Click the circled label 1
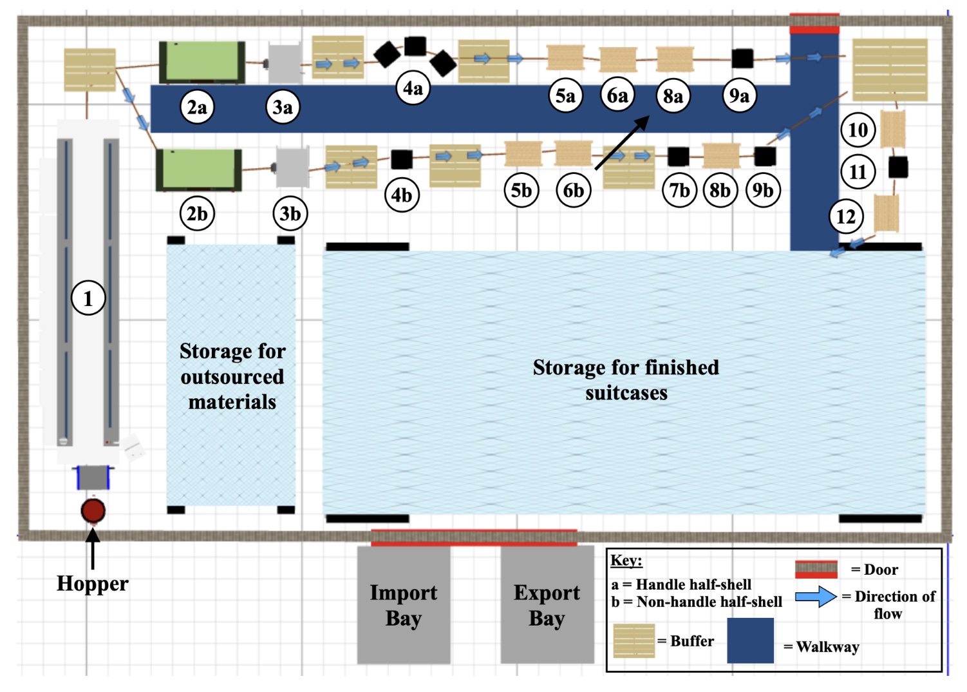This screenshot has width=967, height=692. tap(88, 298)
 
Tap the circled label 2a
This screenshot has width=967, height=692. tap(197, 107)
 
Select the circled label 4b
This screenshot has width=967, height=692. tap(402, 195)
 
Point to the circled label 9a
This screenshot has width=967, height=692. tap(738, 96)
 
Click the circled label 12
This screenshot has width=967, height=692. tap(846, 216)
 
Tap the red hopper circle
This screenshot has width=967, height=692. tap(93, 510)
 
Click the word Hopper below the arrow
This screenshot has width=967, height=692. tap(93, 583)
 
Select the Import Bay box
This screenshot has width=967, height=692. tap(404, 604)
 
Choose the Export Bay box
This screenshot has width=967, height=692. tap(547, 604)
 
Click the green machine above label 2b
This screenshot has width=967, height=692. tap(199, 169)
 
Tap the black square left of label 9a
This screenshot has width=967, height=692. tap(742, 58)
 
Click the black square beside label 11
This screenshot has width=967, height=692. tap(898, 168)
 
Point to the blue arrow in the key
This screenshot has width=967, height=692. tap(816, 597)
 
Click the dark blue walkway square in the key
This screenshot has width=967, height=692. tap(750, 640)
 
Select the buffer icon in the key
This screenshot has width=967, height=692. tap(634, 640)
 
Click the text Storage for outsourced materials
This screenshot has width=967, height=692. tap(232, 376)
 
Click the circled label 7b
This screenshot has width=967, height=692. tap(679, 190)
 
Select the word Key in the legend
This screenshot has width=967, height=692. tap(626, 561)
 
